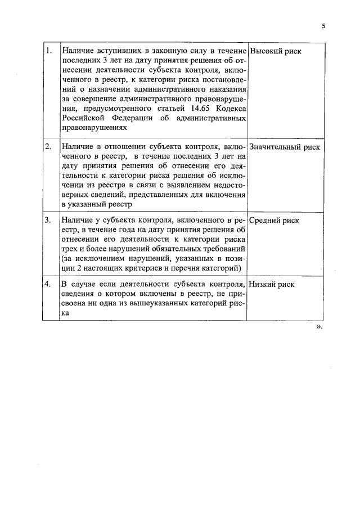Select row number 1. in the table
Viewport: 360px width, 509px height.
49,51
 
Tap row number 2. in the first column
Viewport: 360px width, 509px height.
49,146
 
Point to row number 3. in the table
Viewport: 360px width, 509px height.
49,220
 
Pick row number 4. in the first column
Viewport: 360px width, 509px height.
49,284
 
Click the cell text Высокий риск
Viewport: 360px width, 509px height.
275,51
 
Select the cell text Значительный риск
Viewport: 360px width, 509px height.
285,147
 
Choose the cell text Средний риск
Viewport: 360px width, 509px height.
274,221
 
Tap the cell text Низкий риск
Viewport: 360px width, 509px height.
272,285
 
